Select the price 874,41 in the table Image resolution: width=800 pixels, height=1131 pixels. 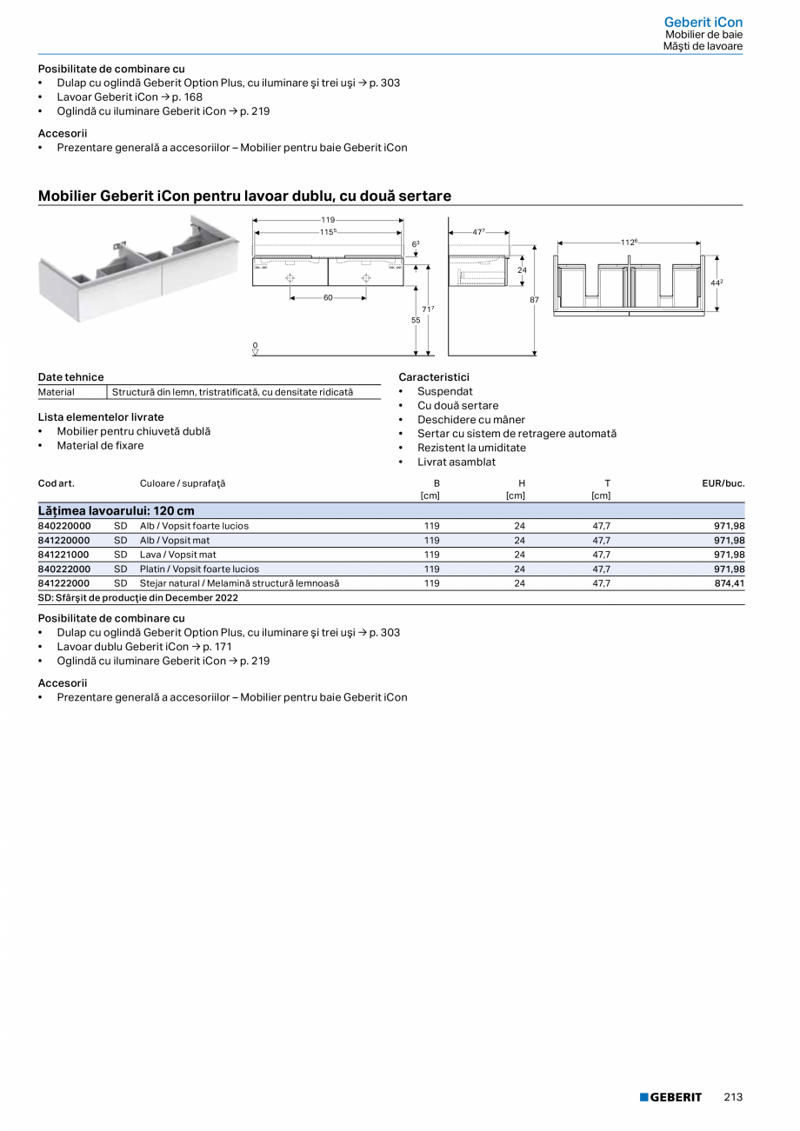point(729,583)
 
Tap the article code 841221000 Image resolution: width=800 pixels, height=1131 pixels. point(64,555)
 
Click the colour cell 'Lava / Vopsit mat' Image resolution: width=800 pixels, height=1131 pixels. point(178,555)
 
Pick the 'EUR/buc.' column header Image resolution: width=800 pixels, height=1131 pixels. point(723,482)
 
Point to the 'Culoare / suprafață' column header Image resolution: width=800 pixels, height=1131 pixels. point(182,482)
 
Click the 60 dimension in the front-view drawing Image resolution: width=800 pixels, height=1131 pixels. point(328,297)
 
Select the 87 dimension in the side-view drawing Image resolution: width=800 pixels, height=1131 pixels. point(534,300)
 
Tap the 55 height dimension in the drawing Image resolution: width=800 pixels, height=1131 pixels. point(416,321)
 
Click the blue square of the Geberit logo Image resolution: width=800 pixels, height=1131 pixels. point(644,1097)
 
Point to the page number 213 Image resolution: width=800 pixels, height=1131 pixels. point(733,1097)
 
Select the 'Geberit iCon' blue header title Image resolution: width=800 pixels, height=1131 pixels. point(703,22)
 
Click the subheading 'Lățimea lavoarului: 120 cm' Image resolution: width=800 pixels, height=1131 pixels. point(117,511)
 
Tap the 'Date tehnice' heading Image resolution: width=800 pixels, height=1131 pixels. point(70,377)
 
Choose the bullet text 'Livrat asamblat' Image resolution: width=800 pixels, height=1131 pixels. point(457,462)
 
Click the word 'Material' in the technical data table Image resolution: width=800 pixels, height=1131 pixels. point(57,392)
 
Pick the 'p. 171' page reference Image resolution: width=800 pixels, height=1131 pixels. point(217,647)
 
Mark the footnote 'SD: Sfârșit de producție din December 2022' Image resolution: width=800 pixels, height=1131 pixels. point(138,598)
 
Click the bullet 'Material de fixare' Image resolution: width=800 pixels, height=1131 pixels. point(100,446)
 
